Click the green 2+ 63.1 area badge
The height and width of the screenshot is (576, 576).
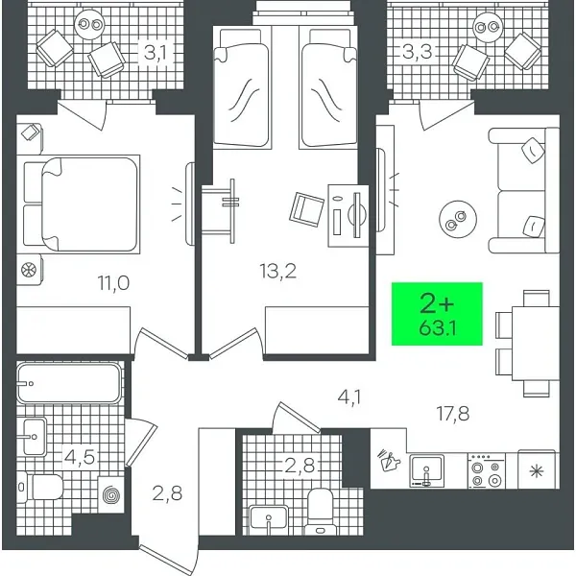(x=437, y=314)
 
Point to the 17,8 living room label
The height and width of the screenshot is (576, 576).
(x=452, y=415)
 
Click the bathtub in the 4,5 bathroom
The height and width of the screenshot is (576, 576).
(x=68, y=383)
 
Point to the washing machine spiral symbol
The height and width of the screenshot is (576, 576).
(x=109, y=494)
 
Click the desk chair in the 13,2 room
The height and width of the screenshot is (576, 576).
(x=307, y=207)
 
